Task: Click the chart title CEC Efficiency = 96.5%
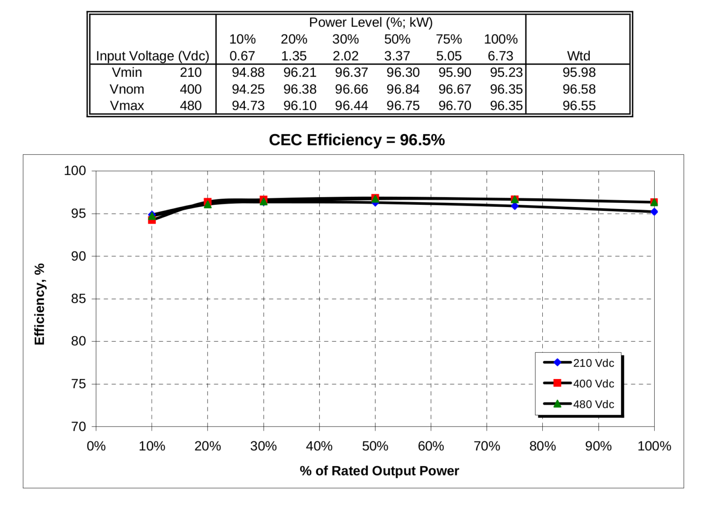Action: pos(356,140)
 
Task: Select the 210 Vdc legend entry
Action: pos(593,363)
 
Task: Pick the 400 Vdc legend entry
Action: pos(593,384)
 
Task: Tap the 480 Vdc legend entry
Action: pos(593,404)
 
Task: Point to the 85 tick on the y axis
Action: pos(79,299)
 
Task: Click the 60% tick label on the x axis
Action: pos(431,446)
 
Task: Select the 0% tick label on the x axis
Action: pos(96,446)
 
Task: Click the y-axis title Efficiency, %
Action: pos(40,304)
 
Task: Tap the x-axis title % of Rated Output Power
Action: pos(379,471)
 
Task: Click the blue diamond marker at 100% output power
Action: pos(654,212)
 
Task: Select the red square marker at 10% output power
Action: pos(152,220)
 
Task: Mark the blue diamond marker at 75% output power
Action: pos(514,206)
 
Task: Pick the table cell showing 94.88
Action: pos(248,72)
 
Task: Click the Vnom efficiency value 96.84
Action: pos(403,89)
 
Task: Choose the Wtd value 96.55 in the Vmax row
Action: pos(579,105)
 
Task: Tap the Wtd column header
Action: pos(578,56)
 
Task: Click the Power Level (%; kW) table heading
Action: pos(370,23)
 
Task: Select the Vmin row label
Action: pos(127,72)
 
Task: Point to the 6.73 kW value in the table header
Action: pos(500,56)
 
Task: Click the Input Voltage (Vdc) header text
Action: pos(153,56)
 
